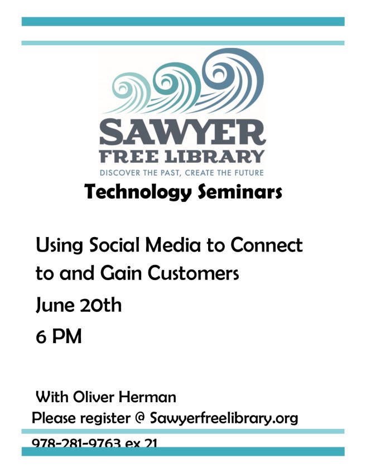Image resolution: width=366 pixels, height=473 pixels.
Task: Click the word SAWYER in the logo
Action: [x=182, y=132]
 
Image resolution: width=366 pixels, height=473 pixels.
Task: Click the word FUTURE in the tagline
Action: [x=244, y=173]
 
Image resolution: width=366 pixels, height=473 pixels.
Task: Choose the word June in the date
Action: [x=53, y=306]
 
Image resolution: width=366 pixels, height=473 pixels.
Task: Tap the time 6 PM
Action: [x=59, y=336]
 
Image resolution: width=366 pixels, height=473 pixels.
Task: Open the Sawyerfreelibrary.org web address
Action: [x=224, y=418]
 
